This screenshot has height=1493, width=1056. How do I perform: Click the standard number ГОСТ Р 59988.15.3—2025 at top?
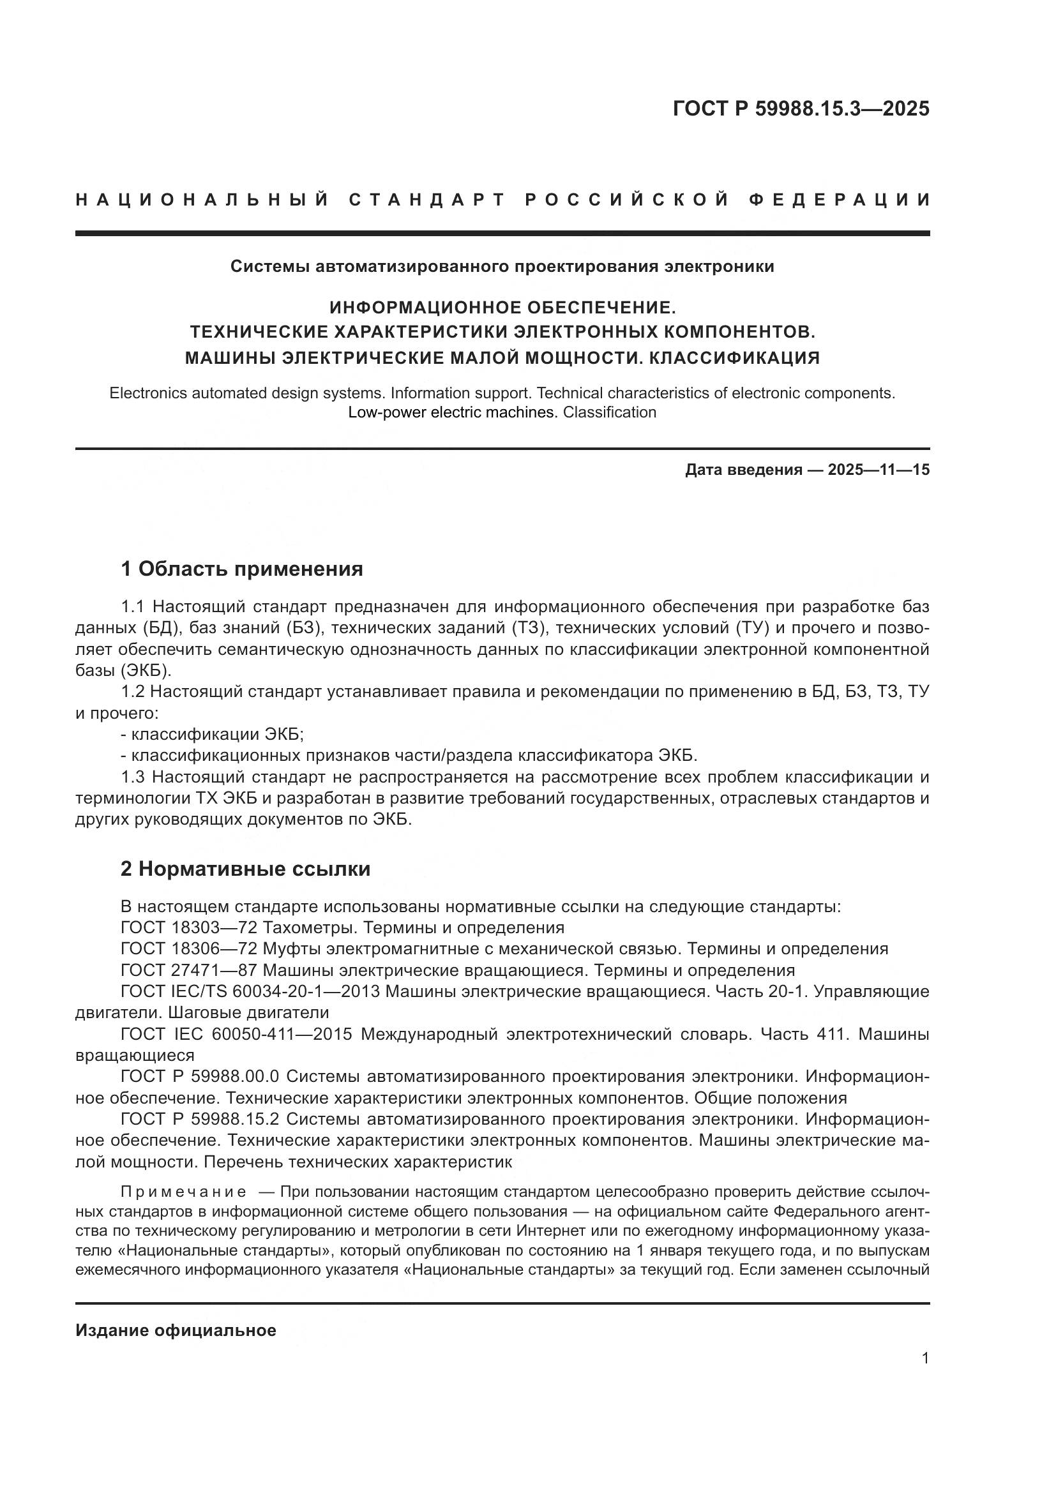pos(801,109)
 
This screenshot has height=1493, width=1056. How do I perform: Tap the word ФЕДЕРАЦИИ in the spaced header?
pos(840,200)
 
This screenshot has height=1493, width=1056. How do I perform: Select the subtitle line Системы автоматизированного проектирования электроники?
pos(502,267)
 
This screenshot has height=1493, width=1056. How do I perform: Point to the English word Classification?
pos(609,412)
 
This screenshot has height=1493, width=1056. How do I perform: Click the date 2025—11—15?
pos(879,470)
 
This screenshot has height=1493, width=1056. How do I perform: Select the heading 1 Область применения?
pos(242,569)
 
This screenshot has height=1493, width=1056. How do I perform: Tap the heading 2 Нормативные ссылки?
pos(245,869)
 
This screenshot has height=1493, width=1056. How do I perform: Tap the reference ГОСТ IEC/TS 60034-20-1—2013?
pos(245,992)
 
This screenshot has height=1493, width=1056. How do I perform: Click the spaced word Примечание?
pos(183,1187)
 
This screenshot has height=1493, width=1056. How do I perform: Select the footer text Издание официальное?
pos(176,1330)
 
